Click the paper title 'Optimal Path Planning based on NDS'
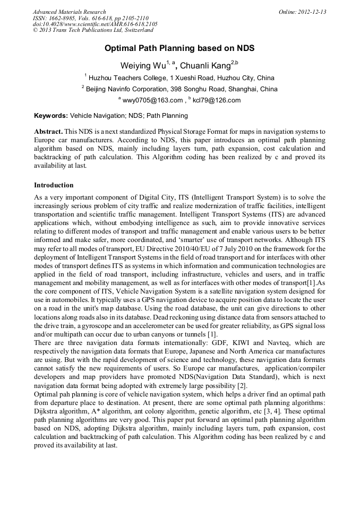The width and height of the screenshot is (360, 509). point(179,48)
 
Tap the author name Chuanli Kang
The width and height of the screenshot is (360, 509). point(204,66)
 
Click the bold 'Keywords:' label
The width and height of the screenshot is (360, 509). point(51,115)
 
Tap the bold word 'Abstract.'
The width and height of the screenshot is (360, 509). point(49,131)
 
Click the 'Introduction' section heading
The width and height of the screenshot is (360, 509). point(54,185)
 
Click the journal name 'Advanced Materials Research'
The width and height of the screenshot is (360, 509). point(69,12)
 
